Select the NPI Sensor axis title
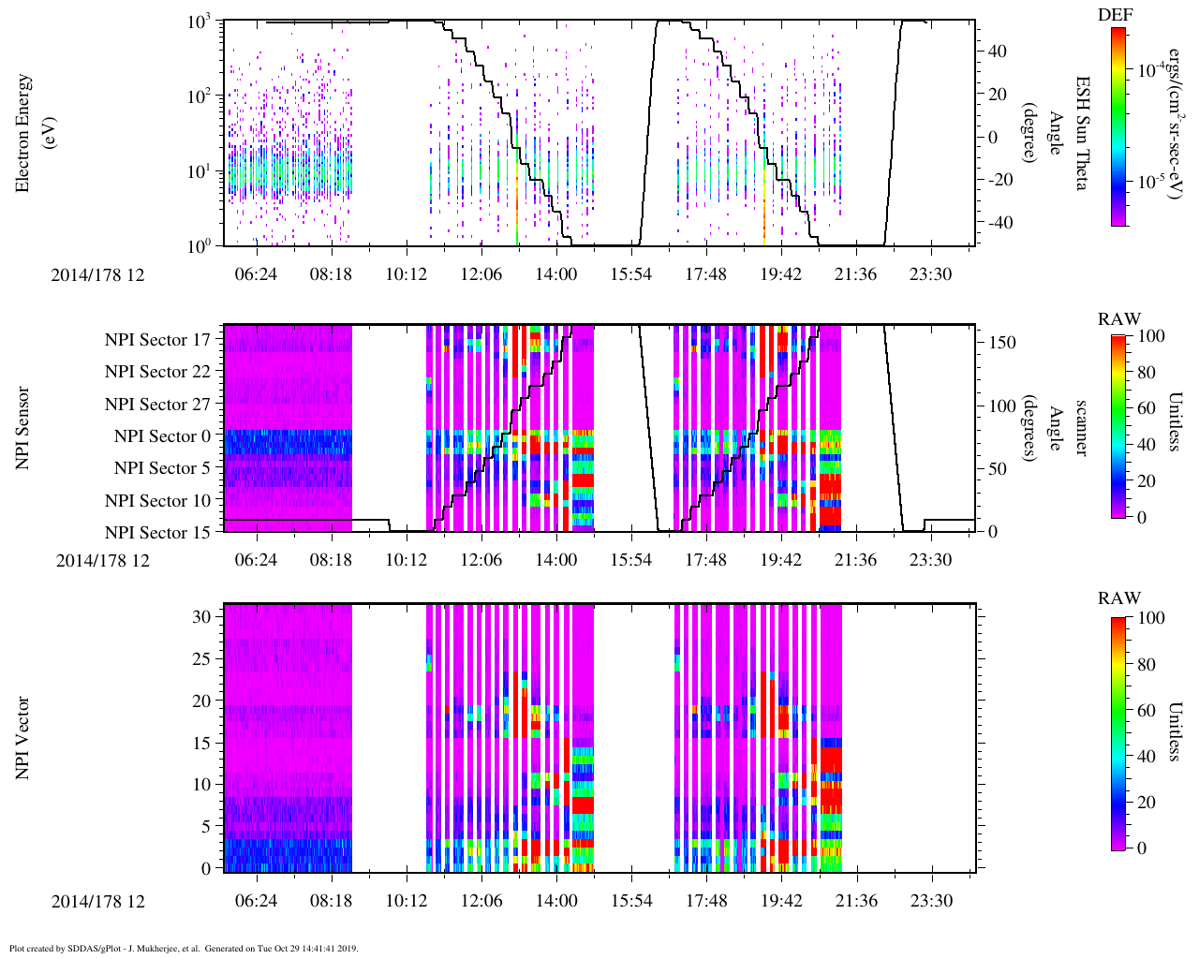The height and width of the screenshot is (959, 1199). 23,428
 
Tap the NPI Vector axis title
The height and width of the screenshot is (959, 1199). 23,738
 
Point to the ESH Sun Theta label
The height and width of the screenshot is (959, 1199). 1082,133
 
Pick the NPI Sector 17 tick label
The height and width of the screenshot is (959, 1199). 157,340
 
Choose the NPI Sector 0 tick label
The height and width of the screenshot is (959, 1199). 162,436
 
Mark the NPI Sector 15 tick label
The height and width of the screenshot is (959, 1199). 157,533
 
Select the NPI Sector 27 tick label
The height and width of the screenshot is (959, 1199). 157,405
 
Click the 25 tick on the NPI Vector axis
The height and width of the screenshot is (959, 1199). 202,659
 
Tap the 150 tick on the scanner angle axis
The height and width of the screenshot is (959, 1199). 1003,343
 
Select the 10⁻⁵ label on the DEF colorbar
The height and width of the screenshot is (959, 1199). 1151,183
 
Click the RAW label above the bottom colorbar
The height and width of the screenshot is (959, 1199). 1119,598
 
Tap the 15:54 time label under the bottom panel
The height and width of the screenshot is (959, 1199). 631,901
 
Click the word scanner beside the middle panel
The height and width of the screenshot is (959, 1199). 1082,428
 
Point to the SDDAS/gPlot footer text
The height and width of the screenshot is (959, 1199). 183,949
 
